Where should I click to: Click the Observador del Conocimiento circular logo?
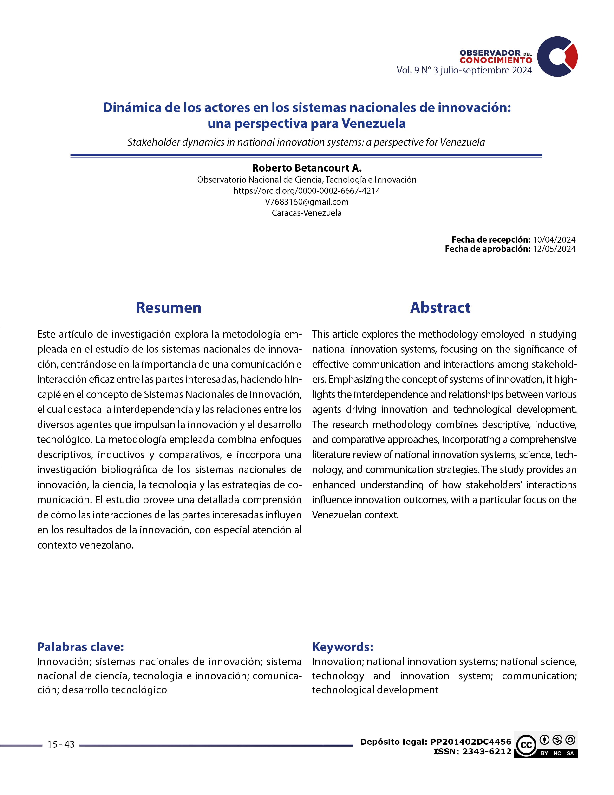click(557, 56)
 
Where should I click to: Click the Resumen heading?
click(168, 308)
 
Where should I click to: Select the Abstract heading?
click(440, 308)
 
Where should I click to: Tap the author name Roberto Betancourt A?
click(307, 168)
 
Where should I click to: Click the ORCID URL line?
click(307, 191)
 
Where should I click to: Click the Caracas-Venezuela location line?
click(307, 213)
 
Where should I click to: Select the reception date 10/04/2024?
click(554, 239)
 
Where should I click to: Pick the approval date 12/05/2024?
click(554, 249)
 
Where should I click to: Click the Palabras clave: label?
click(80, 647)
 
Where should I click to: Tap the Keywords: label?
click(343, 647)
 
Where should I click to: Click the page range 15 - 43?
click(61, 744)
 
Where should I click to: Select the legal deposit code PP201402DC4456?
click(471, 742)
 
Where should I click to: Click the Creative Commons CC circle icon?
click(526, 745)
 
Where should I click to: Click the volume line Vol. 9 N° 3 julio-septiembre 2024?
click(464, 70)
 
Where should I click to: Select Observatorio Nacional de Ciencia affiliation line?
click(307, 179)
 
